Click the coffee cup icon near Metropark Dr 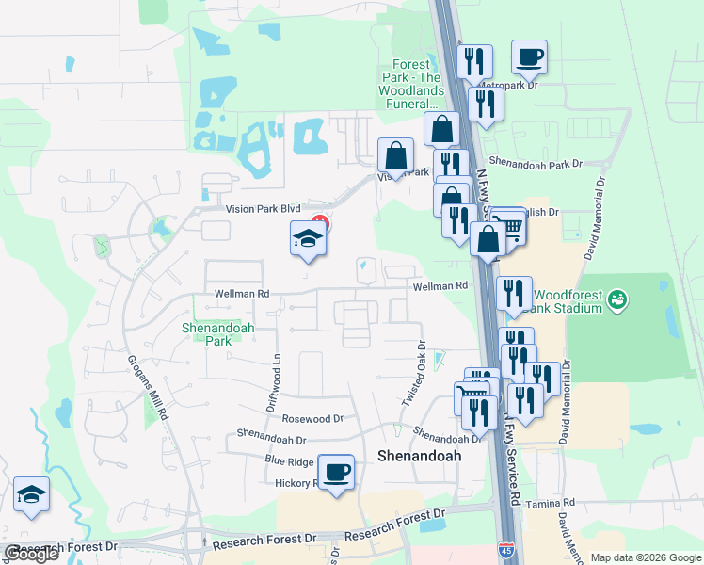pyautogui.click(x=530, y=56)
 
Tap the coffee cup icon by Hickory pyautogui.click(x=336, y=472)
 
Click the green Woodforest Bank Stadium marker pyautogui.click(x=617, y=300)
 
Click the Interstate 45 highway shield pyautogui.click(x=505, y=548)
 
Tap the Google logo pyautogui.click(x=31, y=554)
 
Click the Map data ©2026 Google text pyautogui.click(x=646, y=557)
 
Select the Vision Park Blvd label pyautogui.click(x=262, y=209)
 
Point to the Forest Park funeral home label pyautogui.click(x=416, y=85)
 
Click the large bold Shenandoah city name pyautogui.click(x=419, y=455)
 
